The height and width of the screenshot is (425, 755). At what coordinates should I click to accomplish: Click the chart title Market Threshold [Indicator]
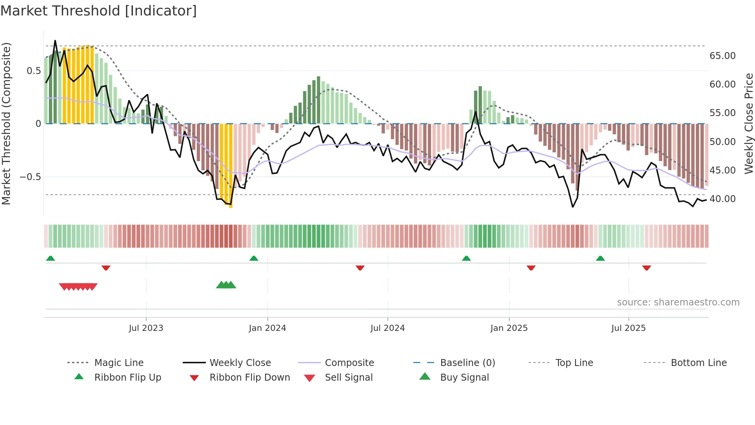click(x=99, y=11)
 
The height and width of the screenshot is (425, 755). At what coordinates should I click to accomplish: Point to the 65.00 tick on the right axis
click(x=722, y=56)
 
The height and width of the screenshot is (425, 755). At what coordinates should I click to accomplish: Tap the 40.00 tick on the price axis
click(x=722, y=199)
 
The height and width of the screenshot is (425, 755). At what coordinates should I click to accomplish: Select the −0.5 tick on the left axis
click(x=30, y=177)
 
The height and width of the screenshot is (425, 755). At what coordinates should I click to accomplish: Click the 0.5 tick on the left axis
click(x=34, y=71)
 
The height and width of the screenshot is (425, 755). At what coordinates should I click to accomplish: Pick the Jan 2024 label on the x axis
click(x=267, y=328)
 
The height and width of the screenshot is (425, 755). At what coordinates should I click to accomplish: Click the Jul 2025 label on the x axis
click(x=628, y=328)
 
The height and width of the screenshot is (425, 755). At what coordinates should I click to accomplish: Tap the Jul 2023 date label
click(x=146, y=328)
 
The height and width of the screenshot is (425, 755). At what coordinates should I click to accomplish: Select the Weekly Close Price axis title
click(x=748, y=123)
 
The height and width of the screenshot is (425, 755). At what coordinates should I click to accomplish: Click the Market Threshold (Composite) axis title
click(x=6, y=123)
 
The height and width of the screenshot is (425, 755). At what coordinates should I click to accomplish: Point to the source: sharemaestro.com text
click(x=678, y=302)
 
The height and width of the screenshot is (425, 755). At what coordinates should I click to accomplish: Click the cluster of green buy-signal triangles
click(x=226, y=285)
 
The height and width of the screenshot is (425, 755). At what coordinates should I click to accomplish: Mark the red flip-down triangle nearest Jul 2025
click(x=646, y=268)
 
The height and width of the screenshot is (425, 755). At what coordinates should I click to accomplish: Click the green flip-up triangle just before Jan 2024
click(x=253, y=258)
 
